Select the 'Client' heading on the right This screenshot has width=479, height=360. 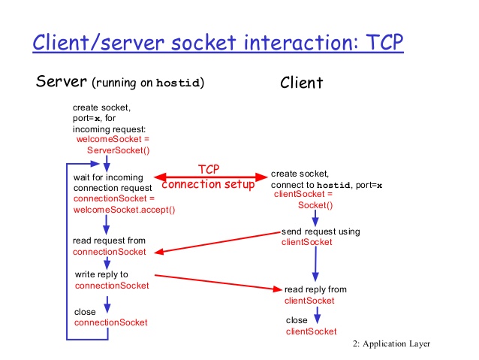click(x=302, y=83)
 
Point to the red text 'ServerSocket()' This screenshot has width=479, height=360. click(x=119, y=150)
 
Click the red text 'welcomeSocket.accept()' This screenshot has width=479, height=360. click(x=124, y=210)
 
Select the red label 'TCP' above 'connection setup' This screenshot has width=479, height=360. click(x=209, y=170)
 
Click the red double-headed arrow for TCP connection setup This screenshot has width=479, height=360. click(x=211, y=177)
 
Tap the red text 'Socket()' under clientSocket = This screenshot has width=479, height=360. click(x=315, y=204)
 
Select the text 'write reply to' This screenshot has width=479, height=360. click(x=101, y=274)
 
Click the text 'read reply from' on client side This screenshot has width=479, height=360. click(x=315, y=289)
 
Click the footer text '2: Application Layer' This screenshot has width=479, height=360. click(x=390, y=344)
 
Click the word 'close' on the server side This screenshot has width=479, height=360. click(x=85, y=311)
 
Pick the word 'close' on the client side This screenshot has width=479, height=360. click(x=297, y=320)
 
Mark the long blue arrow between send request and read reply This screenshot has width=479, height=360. click(x=315, y=264)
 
